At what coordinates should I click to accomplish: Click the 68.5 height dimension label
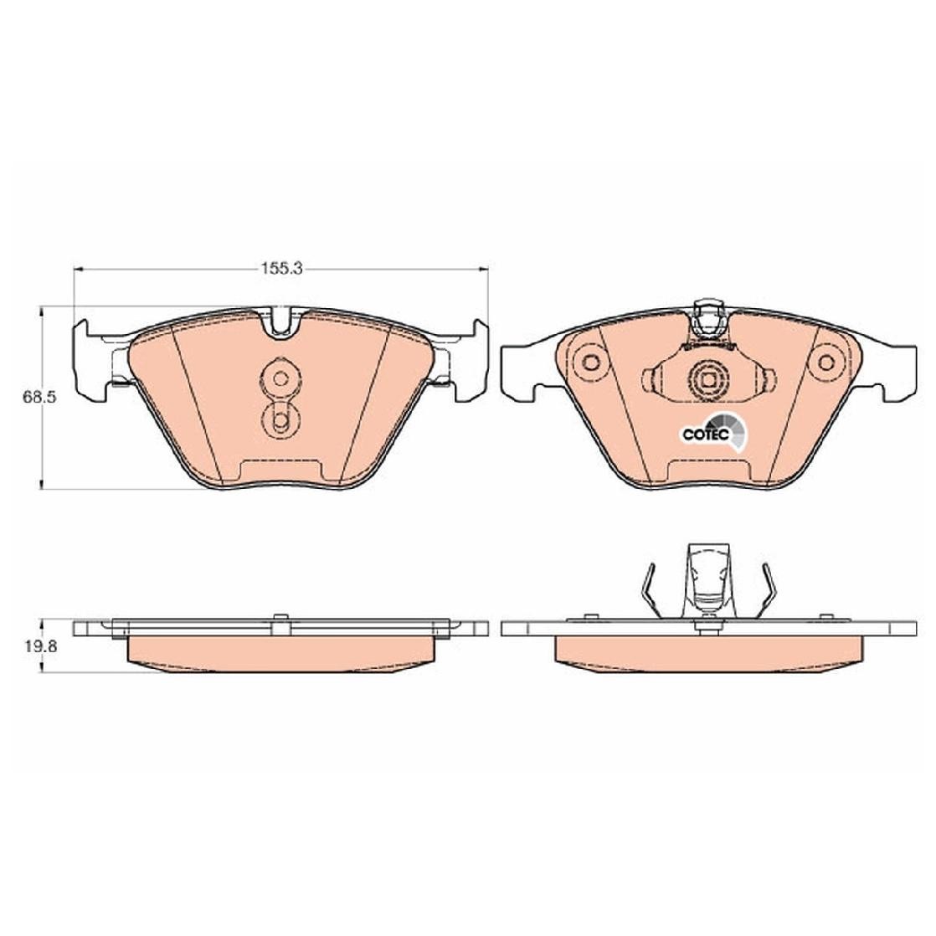click(39, 397)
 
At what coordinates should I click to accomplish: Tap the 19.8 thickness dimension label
click(40, 645)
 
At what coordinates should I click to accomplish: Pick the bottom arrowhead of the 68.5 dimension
click(40, 483)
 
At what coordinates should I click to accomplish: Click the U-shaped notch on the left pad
click(280, 322)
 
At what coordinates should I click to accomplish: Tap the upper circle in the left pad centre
click(280, 378)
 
